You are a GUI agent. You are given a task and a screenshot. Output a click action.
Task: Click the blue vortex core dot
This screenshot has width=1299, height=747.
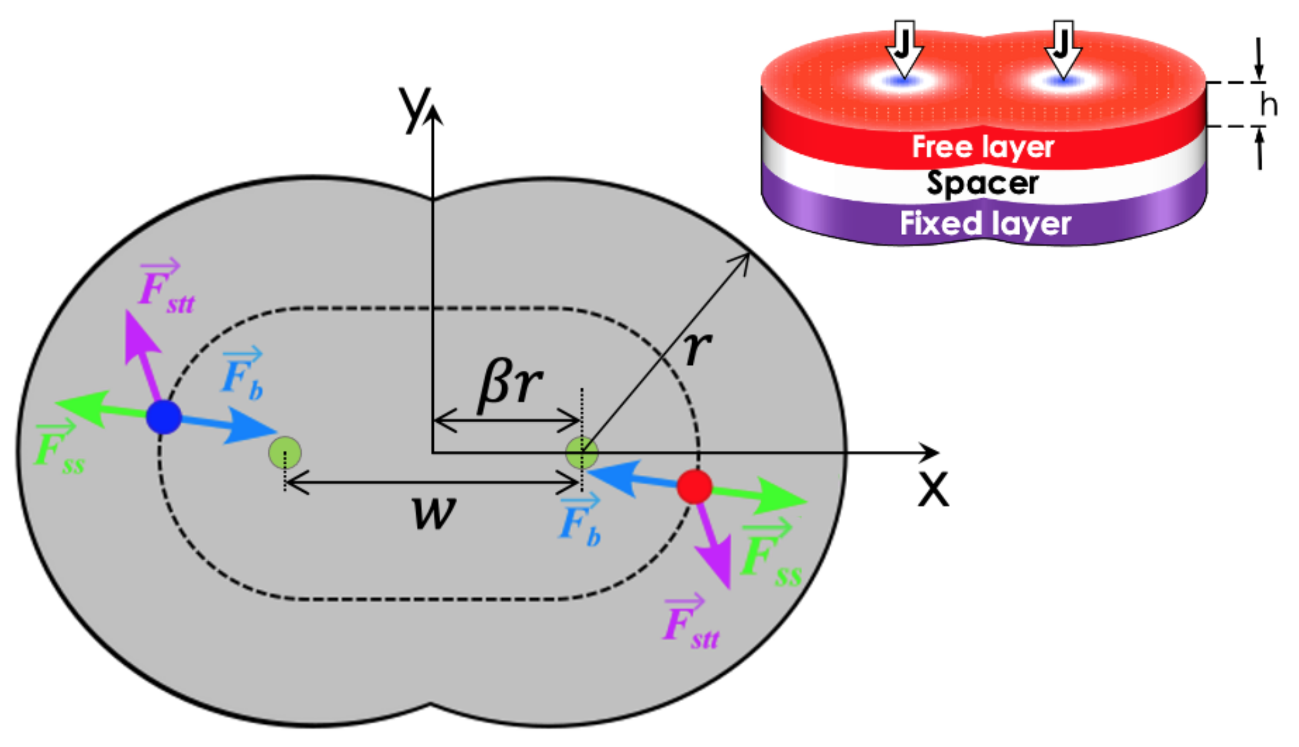point(164,417)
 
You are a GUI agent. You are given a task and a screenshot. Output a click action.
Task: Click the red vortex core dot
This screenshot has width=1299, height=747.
point(694,486)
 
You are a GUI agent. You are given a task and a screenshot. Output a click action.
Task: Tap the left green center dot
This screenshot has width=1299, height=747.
point(285,452)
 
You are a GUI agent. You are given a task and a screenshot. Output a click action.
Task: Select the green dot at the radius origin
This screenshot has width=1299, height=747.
point(581,453)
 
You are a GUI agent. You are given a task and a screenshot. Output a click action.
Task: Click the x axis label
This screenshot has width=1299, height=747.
point(933,489)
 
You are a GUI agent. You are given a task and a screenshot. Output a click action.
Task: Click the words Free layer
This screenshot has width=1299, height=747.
point(983,147)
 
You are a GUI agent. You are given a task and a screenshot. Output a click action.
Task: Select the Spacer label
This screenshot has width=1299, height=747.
point(982,183)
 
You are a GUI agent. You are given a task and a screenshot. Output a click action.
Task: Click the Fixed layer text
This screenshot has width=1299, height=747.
point(985,223)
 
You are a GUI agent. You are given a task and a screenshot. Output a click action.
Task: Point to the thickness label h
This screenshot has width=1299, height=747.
point(1268,104)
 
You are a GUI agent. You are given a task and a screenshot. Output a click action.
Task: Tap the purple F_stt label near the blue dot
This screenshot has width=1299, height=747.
point(165,289)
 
